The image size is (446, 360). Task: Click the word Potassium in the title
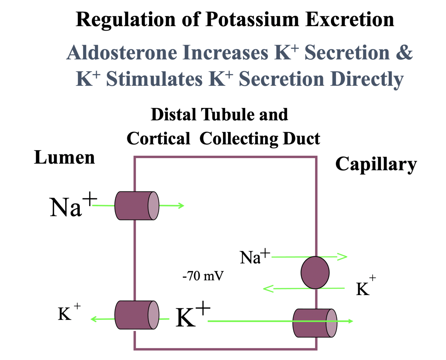(x=252, y=19)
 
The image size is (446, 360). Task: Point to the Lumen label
(x=65, y=157)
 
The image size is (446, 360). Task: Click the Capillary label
(x=376, y=164)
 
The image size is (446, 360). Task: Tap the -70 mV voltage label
(x=203, y=276)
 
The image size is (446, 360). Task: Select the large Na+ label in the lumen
(x=72, y=206)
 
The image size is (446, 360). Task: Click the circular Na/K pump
(x=315, y=272)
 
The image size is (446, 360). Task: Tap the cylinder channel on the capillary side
(x=315, y=323)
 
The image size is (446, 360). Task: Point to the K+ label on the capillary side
(x=365, y=287)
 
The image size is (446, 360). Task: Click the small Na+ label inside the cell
(x=254, y=257)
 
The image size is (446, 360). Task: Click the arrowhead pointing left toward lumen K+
(x=94, y=319)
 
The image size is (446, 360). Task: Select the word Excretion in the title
(x=350, y=19)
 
